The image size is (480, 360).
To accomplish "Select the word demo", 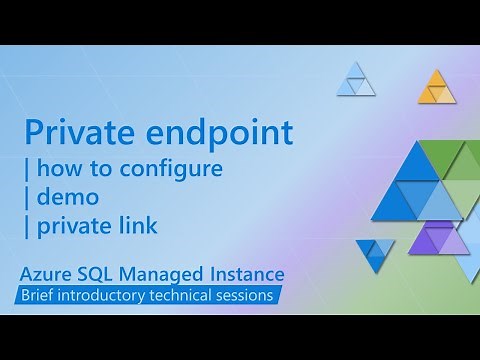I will click(x=71, y=198).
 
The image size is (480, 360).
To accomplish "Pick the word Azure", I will click(x=47, y=273).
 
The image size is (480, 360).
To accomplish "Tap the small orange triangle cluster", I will click(x=436, y=88).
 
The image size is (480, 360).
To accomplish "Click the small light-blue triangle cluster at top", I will click(x=352, y=79).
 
